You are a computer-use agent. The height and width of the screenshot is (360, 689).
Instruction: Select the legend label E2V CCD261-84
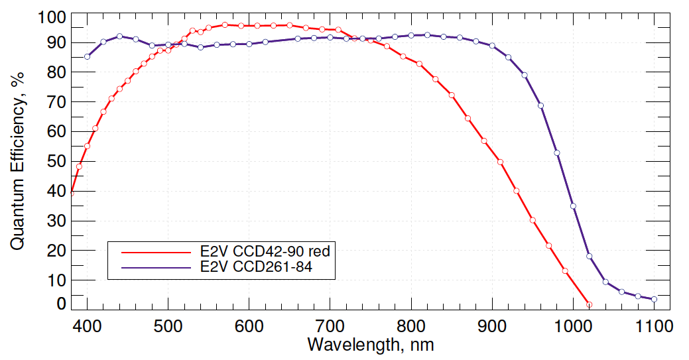coord(256,268)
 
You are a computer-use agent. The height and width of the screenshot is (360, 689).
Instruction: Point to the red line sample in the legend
coord(155,252)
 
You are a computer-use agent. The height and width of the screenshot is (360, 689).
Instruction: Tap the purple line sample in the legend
coord(155,268)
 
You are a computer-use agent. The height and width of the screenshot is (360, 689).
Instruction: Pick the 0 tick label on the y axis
coord(61,304)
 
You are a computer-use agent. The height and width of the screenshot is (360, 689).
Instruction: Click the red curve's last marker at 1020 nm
coord(590,304)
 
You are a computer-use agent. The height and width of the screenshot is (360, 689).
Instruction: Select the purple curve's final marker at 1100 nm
coord(655,299)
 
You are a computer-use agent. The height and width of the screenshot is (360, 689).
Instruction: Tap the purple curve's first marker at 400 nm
coord(87,56)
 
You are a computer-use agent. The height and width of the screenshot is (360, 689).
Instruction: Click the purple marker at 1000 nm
coord(573,206)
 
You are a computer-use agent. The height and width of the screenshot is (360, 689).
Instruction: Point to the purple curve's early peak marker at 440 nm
coord(119,36)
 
